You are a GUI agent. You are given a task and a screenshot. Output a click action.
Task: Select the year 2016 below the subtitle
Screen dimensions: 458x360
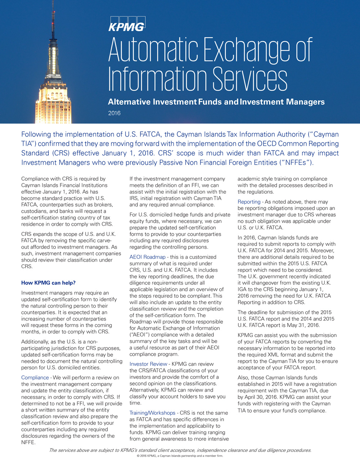click(x=114, y=113)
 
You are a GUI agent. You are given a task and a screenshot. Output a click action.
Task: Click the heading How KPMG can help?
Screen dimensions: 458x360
click(x=48, y=283)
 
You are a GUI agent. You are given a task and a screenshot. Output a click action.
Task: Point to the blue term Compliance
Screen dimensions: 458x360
click(x=35, y=377)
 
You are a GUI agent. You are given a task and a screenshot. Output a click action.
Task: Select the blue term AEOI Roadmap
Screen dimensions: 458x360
click(x=147, y=257)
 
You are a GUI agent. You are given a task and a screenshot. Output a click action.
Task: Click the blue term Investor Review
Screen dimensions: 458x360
click(x=148, y=364)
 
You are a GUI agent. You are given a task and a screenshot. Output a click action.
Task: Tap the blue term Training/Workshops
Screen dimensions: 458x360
click(x=152, y=413)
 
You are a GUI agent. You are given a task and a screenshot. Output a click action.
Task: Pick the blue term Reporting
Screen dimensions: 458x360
click(x=249, y=202)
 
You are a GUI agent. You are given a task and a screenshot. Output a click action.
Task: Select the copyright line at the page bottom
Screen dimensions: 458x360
click(x=180, y=455)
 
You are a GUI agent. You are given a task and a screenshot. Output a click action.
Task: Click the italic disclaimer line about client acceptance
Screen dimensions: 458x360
click(x=180, y=450)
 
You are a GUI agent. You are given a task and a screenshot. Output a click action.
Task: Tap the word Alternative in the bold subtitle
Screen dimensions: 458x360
click(x=129, y=102)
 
